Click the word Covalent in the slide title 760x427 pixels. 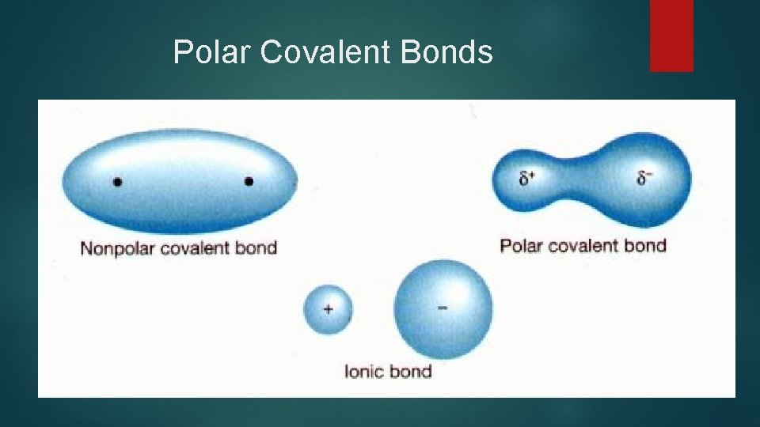click(x=325, y=53)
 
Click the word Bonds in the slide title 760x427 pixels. click(x=447, y=53)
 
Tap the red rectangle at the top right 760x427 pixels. click(x=671, y=36)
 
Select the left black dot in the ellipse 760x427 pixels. click(x=117, y=182)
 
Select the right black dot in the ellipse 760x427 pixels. click(x=249, y=182)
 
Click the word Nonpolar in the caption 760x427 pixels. click(x=118, y=248)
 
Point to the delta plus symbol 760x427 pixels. click(x=527, y=179)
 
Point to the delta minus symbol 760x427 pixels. click(x=644, y=178)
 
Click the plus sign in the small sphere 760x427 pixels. click(x=327, y=309)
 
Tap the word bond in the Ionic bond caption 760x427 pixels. click(x=412, y=371)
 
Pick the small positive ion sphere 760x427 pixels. click(x=327, y=309)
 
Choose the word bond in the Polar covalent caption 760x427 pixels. click(x=645, y=246)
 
